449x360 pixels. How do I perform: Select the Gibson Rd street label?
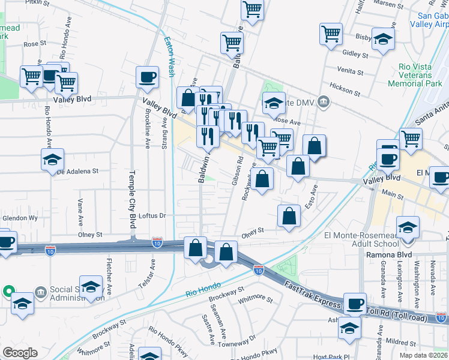tap(235, 172)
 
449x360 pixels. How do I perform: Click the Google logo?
tap(20, 353)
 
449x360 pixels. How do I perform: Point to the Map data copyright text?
tap(424, 355)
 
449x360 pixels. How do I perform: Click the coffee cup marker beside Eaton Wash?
tap(147, 77)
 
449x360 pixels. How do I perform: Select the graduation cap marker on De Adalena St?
tap(52, 159)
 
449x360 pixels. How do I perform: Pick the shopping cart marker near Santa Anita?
tap(411, 139)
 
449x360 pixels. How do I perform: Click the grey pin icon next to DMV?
tap(325, 101)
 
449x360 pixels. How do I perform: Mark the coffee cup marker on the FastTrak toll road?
tap(355, 304)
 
